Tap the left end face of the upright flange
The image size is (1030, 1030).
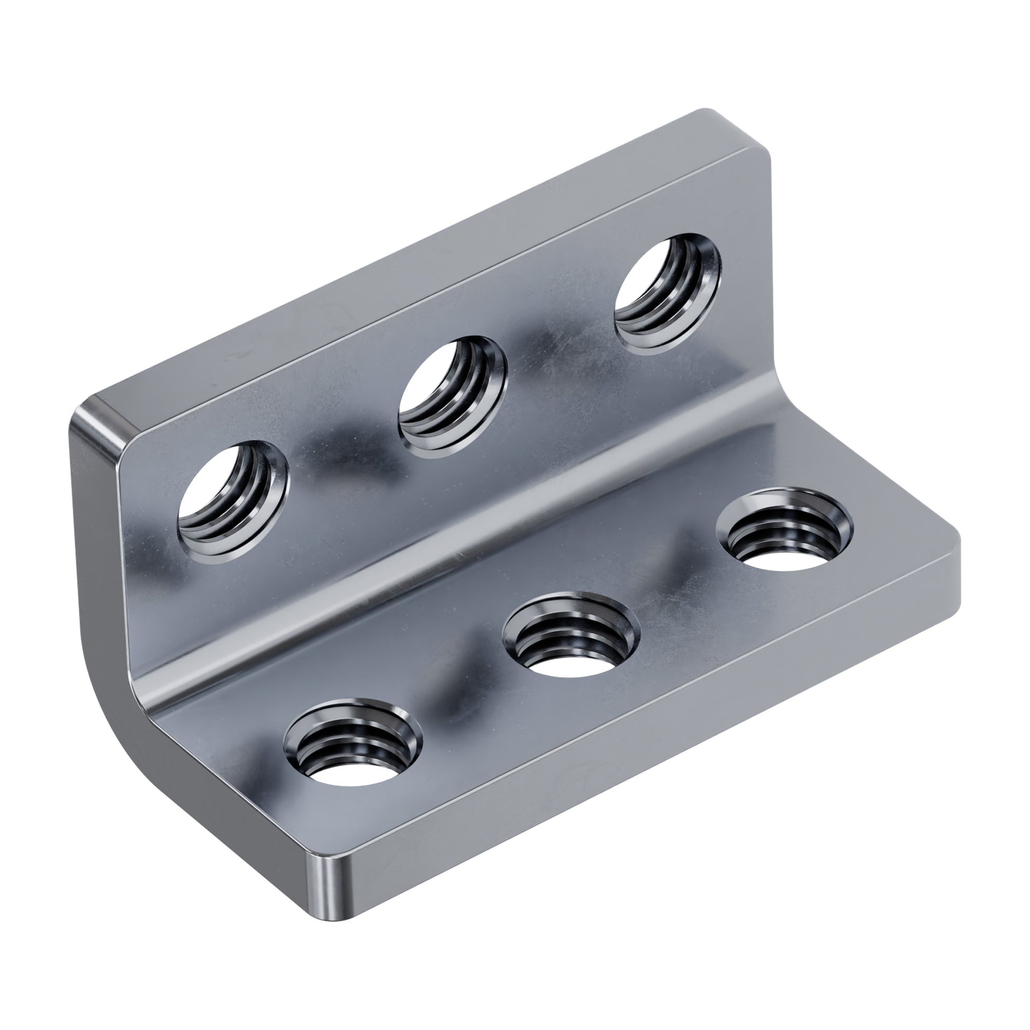[96, 533]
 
